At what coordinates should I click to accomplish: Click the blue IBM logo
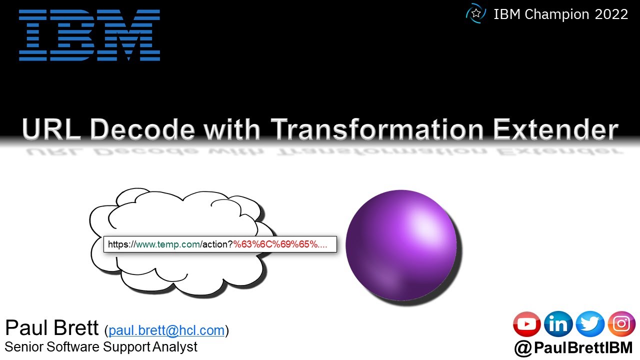point(89,35)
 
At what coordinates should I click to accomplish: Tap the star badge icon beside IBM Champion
point(475,14)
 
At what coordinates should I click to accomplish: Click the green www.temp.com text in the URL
point(168,244)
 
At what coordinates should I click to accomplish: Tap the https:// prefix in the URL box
point(121,244)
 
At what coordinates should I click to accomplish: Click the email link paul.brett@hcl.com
point(166,330)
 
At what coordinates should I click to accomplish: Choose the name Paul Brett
point(51,328)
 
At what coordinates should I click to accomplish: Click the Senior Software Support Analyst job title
point(101,347)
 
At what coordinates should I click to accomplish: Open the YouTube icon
point(527,324)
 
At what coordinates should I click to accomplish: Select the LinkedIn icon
point(558,324)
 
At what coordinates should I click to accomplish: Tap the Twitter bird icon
point(590,324)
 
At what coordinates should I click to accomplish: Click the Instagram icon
point(621,324)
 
